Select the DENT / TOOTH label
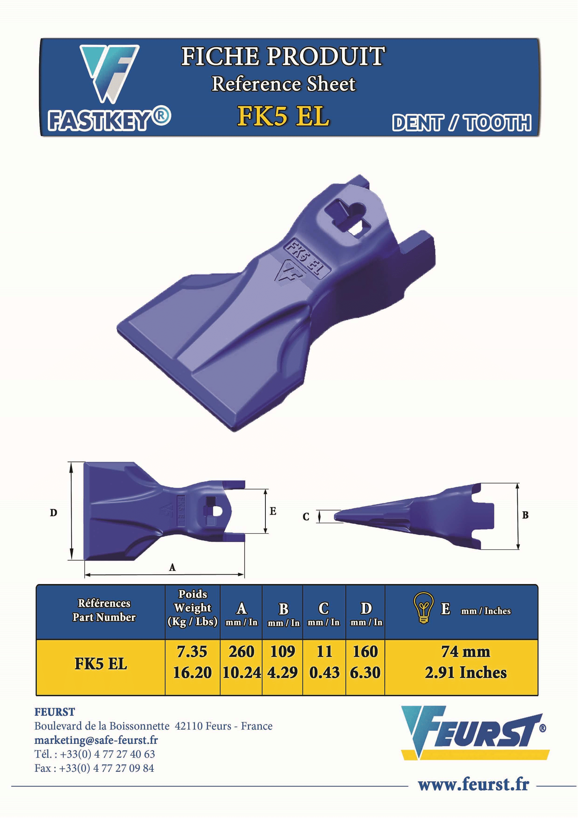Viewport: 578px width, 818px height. click(x=462, y=123)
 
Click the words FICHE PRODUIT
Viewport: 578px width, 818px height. click(x=283, y=56)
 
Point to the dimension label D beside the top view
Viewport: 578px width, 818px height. click(x=53, y=513)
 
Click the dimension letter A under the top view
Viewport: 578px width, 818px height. click(x=172, y=568)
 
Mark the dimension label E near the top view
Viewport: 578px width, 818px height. click(x=273, y=511)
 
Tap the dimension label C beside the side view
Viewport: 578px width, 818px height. click(x=306, y=517)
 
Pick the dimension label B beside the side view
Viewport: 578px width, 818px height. click(x=525, y=515)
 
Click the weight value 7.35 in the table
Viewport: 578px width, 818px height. click(x=192, y=652)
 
